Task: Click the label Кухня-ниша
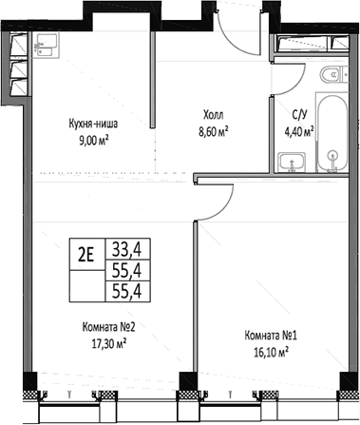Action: [93, 123]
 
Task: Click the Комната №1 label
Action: [270, 334]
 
